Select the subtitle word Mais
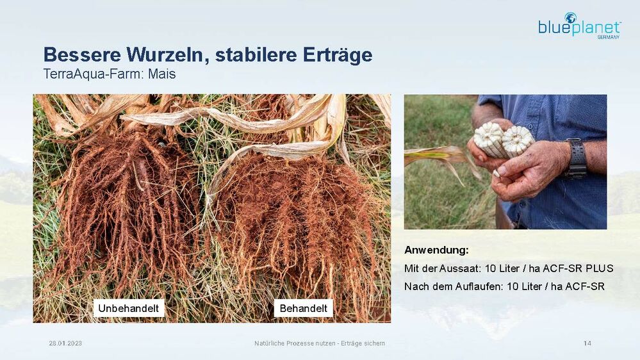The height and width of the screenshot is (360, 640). (x=161, y=74)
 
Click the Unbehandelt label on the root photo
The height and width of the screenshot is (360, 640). (x=129, y=308)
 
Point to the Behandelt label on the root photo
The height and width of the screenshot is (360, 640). (x=303, y=308)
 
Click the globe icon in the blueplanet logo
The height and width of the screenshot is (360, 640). (x=570, y=18)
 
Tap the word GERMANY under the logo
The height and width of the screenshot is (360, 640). (x=608, y=37)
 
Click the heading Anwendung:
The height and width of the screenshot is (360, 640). (x=436, y=250)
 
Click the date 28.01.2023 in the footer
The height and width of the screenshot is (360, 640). (x=65, y=343)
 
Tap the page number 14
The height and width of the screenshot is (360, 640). (x=587, y=343)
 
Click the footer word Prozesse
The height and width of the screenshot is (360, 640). (x=299, y=343)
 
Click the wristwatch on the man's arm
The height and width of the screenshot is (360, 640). (x=576, y=158)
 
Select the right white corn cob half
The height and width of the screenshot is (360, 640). (x=518, y=141)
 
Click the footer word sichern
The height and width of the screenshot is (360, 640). (x=374, y=343)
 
